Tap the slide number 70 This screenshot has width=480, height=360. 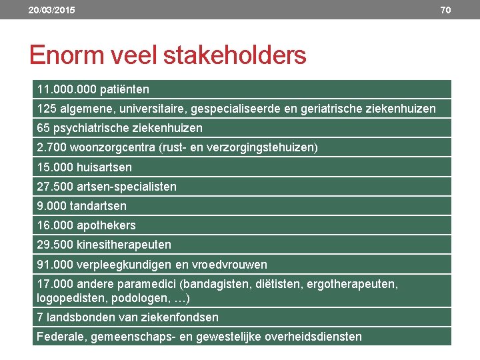click(x=445, y=10)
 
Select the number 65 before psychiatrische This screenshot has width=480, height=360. click(x=43, y=128)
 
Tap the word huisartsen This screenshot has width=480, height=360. click(x=104, y=167)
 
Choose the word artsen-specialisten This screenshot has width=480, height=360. click(x=127, y=187)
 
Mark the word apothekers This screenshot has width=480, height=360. click(x=107, y=225)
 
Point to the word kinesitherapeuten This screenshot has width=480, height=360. click(x=124, y=245)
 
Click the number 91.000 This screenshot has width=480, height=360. click(x=54, y=265)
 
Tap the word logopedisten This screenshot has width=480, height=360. click(x=70, y=297)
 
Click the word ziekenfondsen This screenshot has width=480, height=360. click(x=181, y=317)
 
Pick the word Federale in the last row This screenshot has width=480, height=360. click(x=59, y=337)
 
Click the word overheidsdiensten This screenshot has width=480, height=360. click(x=313, y=337)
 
